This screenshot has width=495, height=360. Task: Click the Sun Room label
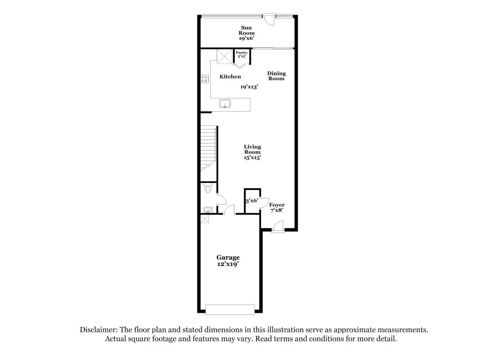pyautogui.click(x=247, y=33)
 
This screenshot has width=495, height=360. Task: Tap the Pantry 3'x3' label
pyautogui.click(x=242, y=54)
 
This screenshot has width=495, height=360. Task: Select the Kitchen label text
pyautogui.click(x=230, y=77)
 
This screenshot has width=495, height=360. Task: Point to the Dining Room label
pyautogui.click(x=276, y=76)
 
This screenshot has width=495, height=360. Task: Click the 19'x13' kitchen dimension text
pyautogui.click(x=249, y=87)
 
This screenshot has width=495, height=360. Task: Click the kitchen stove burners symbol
pyautogui.click(x=204, y=79)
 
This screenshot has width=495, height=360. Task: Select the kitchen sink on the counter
pyautogui.click(x=225, y=104)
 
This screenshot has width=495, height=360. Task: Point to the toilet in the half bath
pyautogui.click(x=208, y=189)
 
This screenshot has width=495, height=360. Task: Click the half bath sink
pyautogui.click(x=208, y=210)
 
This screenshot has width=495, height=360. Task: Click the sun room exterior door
pyautogui.click(x=269, y=19)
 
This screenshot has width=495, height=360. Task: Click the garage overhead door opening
pyautogui.click(x=230, y=309)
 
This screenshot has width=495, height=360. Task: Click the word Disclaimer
pyautogui.click(x=98, y=330)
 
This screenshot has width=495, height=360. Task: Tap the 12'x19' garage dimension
pyautogui.click(x=228, y=264)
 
